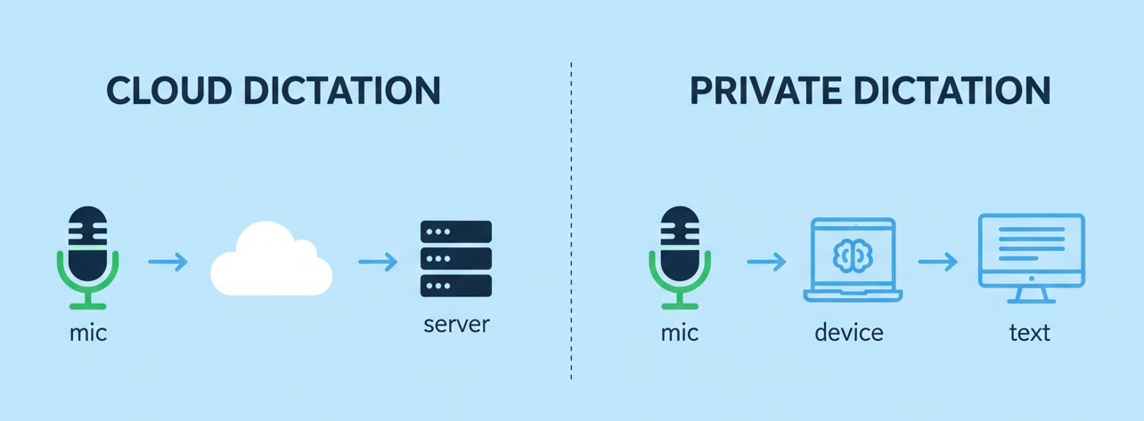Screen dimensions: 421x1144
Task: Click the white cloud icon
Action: (x=271, y=260)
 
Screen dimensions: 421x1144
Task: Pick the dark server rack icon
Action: (x=455, y=259)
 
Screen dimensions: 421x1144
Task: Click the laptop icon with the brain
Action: (x=853, y=260)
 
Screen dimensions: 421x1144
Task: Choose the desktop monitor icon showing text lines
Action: (x=1031, y=252)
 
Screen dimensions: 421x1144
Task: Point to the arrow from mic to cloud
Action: (x=168, y=262)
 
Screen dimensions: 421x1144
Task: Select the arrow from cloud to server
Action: (x=378, y=262)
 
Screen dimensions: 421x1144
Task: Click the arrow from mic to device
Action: (x=766, y=262)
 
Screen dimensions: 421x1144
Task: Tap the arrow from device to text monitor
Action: (x=937, y=262)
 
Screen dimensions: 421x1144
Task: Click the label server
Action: (x=456, y=323)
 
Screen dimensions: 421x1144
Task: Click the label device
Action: (x=848, y=333)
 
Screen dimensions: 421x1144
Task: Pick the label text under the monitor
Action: (x=1029, y=333)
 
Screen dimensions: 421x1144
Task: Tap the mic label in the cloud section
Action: (x=87, y=334)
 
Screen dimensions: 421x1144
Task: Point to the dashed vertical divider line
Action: (x=571, y=223)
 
